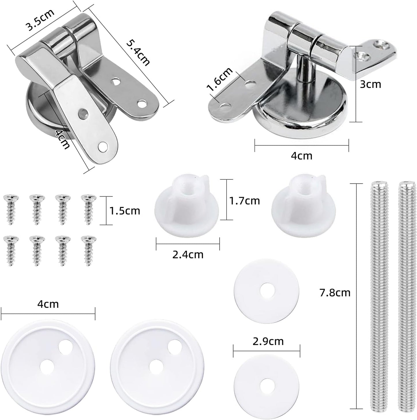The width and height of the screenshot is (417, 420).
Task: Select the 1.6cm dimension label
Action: [x=220, y=79]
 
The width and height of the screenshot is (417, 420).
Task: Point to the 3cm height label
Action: [x=370, y=84]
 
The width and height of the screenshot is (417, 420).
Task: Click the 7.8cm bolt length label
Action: [x=335, y=293]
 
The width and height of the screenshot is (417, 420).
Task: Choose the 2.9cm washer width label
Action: [x=268, y=341]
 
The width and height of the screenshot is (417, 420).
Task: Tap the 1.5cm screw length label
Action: [x=125, y=211]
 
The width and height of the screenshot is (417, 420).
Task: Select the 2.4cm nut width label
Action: [x=188, y=255]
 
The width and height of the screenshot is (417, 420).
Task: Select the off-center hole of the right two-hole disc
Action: [x=174, y=345]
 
